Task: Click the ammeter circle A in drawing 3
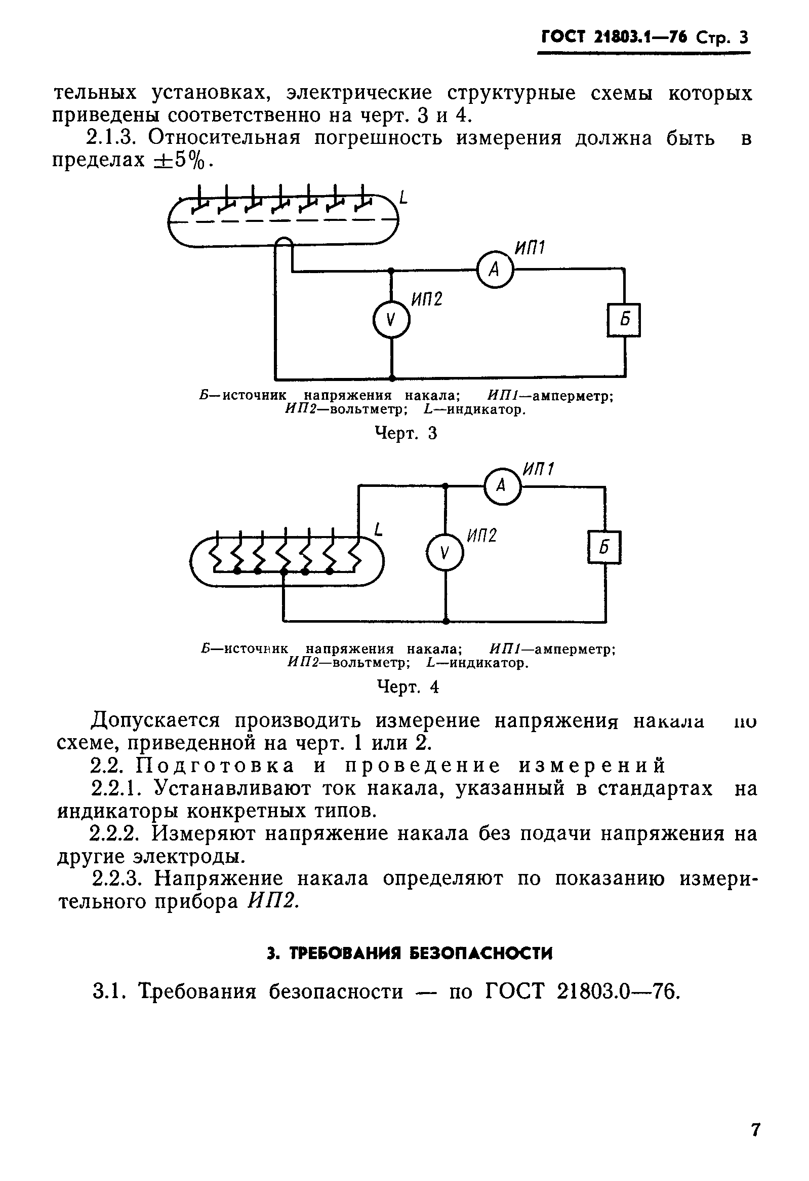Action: tap(495, 270)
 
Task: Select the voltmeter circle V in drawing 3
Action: tap(390, 320)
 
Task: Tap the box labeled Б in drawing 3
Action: tap(624, 320)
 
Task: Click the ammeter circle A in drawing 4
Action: tap(502, 486)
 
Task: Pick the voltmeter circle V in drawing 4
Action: tap(445, 553)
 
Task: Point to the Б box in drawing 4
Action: tap(604, 547)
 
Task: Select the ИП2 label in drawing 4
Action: tap(481, 535)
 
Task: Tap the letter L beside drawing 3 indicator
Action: tap(403, 197)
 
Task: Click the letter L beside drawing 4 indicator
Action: tap(378, 529)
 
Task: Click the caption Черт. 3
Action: tap(406, 433)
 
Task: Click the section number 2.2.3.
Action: tap(118, 879)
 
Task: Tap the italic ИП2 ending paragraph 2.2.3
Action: tap(272, 901)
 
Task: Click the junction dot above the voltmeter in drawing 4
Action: tap(445, 486)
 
